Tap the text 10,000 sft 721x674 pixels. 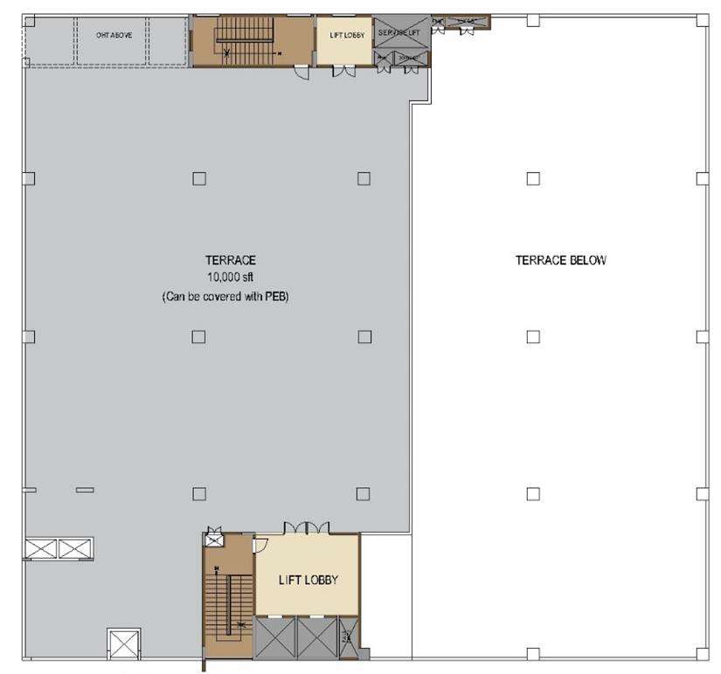tap(225, 278)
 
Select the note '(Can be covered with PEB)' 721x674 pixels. tap(225, 297)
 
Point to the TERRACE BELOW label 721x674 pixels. tap(560, 260)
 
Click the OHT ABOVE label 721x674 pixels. tap(114, 36)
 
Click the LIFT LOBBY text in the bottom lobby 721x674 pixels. tap(308, 580)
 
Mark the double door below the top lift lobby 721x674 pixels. tap(343, 72)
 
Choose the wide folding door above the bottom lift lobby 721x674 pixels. tap(306, 527)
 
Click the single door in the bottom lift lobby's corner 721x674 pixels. tap(260, 546)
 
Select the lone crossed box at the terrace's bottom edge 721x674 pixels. tap(121, 646)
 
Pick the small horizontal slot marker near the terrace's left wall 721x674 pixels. tap(85, 490)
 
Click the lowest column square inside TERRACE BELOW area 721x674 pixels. tap(533, 493)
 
